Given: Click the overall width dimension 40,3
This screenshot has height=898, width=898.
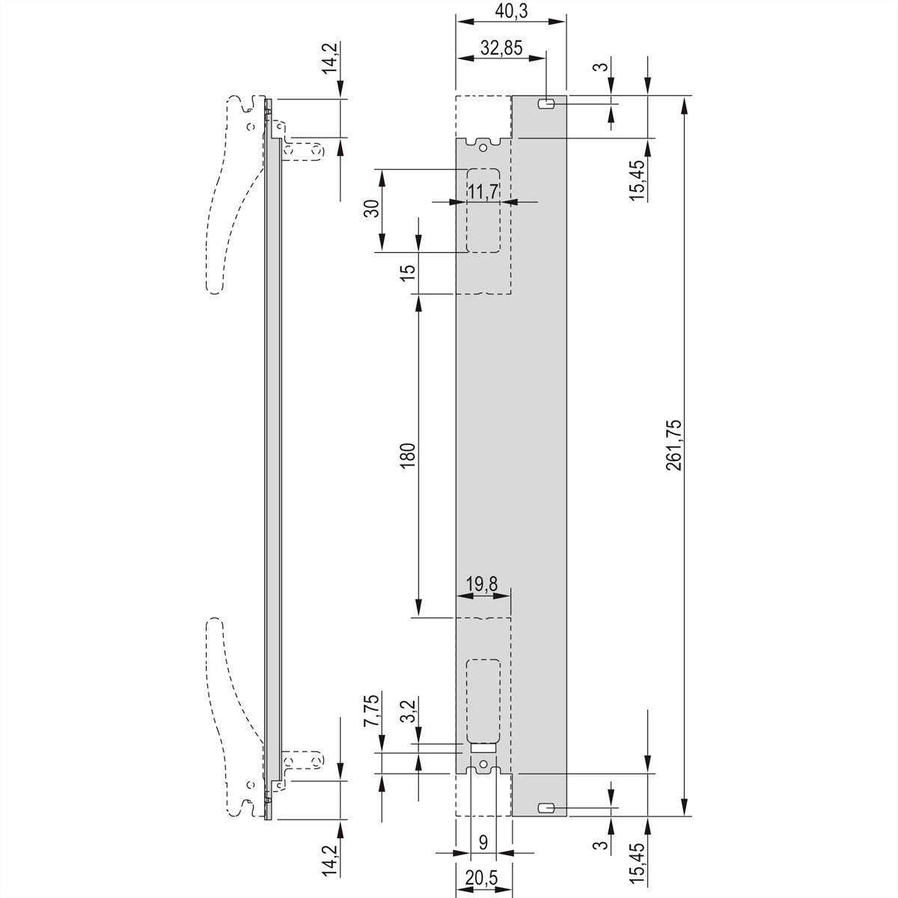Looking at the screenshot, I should (x=511, y=12).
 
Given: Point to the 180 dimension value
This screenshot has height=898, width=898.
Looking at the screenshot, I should (x=407, y=456).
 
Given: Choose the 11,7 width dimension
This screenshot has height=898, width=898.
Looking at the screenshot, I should (x=483, y=192).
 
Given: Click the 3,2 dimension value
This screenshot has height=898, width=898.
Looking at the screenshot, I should (x=407, y=712).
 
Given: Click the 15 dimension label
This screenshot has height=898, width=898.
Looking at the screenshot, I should (x=407, y=272).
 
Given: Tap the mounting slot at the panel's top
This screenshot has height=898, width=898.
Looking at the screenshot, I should (x=546, y=104).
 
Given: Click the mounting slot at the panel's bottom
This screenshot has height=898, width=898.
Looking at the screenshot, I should (x=546, y=807).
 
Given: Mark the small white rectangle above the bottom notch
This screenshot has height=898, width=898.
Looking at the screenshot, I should (x=483, y=747).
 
